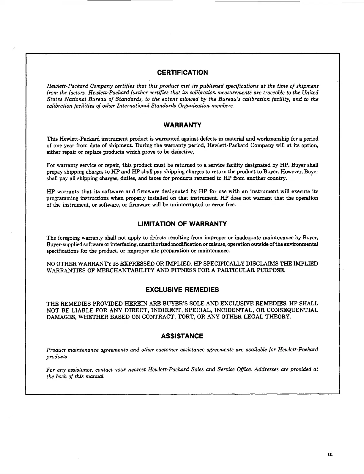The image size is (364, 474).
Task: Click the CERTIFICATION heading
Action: pos(182,73)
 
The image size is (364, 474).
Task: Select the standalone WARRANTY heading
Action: pos(182,125)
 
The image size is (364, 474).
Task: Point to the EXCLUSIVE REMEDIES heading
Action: pos(182,290)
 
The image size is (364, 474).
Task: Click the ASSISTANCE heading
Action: pos(182,336)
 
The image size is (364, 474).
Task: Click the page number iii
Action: pos(330,454)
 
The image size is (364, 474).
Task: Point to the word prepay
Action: pos(53,172)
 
